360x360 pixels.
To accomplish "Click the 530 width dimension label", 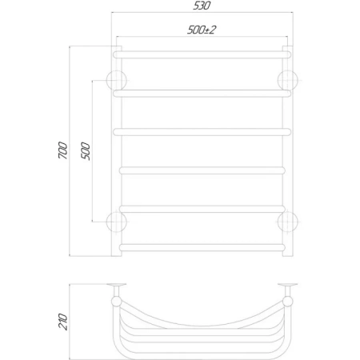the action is pos(202,6).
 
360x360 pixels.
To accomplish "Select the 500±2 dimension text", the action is pos(202,30).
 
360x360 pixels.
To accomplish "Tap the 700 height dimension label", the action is pos(63,150).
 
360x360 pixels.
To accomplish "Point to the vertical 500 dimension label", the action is pos(86,151).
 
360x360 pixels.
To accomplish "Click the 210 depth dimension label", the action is pos(63,322).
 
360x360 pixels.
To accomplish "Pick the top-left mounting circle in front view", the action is pos(117,80).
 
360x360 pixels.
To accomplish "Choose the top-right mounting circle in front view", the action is pos(288,80).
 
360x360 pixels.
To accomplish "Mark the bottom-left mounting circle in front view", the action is pos(117,222).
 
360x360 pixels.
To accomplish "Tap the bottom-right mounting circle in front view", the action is pos(288,222).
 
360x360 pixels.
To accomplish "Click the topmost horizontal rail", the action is pos(202,54).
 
